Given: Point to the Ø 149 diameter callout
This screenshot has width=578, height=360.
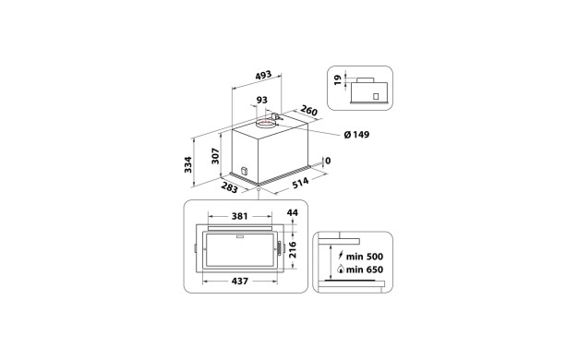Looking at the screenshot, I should click(x=356, y=136).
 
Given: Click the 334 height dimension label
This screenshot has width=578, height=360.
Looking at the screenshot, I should click(x=188, y=164).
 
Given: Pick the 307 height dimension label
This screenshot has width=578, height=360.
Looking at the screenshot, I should click(x=215, y=157).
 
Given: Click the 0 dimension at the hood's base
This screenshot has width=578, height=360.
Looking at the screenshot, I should click(x=328, y=160).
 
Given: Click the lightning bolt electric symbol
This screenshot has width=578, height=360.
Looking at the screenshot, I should click(x=343, y=256).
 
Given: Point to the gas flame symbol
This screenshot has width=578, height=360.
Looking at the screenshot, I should click(x=343, y=270).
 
